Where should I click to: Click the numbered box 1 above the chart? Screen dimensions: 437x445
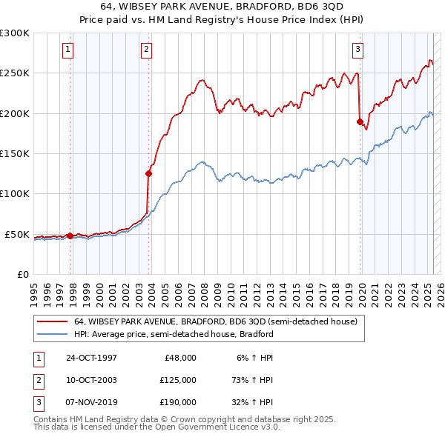[67, 50]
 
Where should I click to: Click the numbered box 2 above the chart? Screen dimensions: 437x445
[146, 50]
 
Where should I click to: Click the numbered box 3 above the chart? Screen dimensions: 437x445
[357, 50]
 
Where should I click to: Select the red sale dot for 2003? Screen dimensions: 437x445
[149, 173]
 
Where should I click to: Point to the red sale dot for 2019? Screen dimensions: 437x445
[360, 121]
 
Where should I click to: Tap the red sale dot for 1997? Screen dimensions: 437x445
[70, 236]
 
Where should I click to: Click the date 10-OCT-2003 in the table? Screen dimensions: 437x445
[91, 380]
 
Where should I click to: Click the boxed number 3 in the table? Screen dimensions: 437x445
[38, 402]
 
